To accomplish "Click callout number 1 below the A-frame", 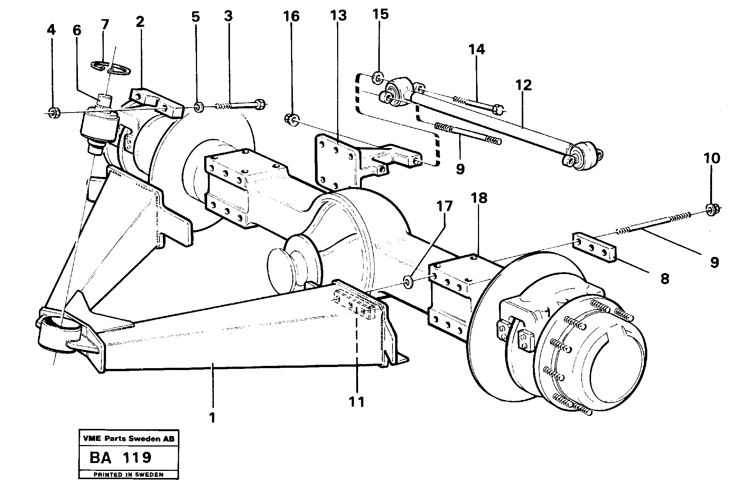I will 212,417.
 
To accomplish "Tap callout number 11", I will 356,402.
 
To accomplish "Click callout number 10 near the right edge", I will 712,158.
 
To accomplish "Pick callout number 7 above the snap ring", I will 105,24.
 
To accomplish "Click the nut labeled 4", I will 53,112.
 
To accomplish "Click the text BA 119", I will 120,458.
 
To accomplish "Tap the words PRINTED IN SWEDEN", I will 128,475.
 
